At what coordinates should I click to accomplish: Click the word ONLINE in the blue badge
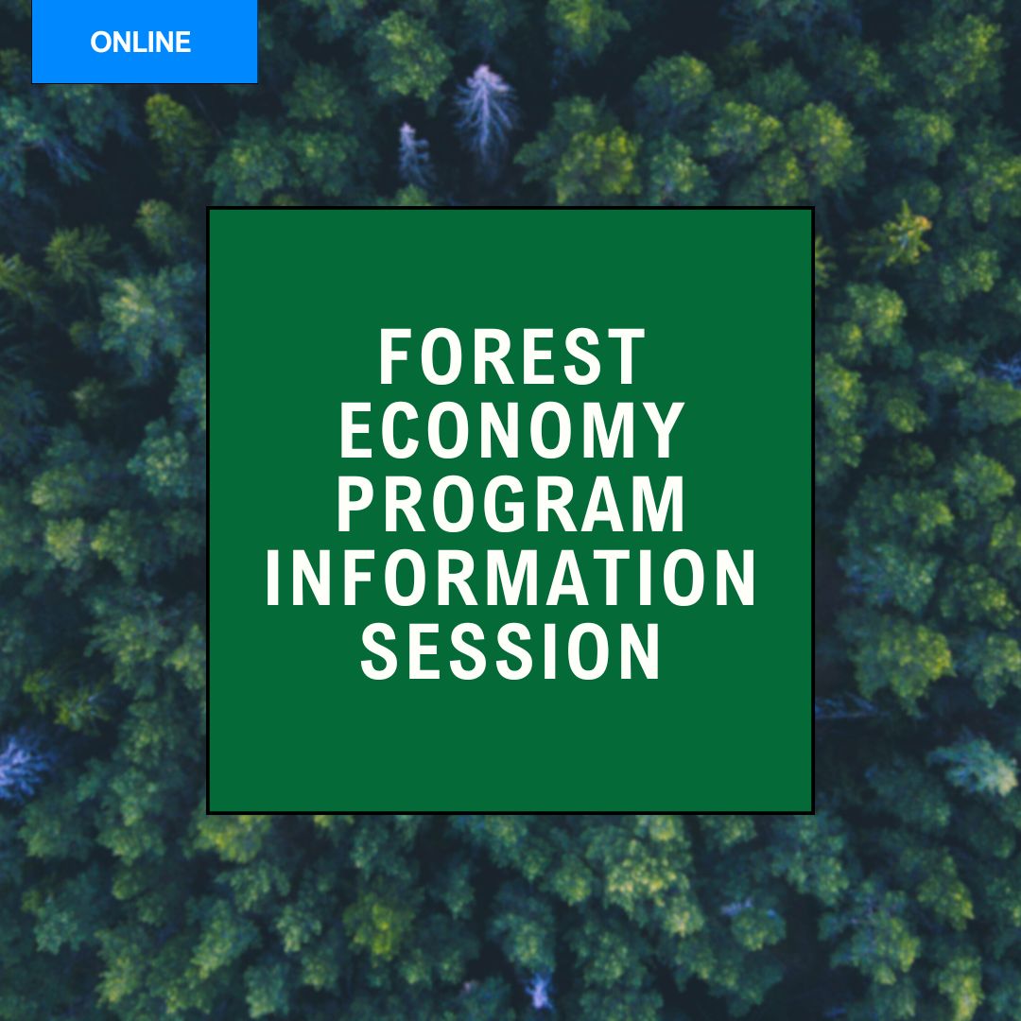141,43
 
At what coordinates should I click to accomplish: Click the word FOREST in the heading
511,356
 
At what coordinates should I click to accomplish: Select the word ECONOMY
511,430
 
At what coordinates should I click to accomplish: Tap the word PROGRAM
511,504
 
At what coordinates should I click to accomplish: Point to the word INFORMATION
511,578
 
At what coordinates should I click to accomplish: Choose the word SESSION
511,651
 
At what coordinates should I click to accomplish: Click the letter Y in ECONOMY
665,430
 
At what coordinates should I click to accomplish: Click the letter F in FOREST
396,356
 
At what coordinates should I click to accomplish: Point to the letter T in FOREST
627,356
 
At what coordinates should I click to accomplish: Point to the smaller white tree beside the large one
415,153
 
